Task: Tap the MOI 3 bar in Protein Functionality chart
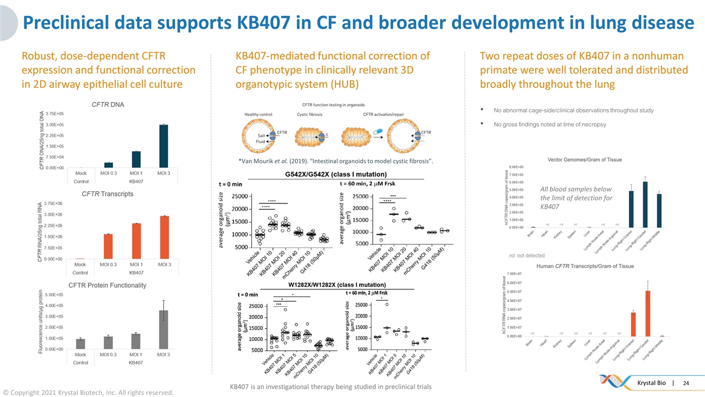click(164, 330)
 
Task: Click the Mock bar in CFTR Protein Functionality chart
click(80, 344)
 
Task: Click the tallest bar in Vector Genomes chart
click(645, 204)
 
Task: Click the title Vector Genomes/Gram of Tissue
click(584, 159)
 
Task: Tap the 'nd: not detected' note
click(527, 255)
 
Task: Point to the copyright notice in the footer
click(88, 392)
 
